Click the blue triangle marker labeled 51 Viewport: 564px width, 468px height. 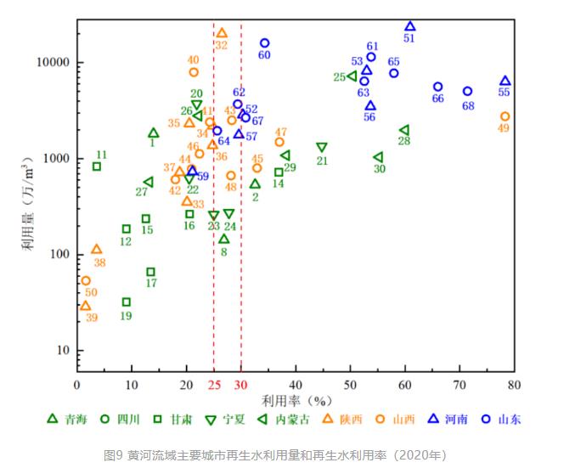(410, 27)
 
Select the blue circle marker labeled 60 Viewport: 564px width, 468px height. (265, 43)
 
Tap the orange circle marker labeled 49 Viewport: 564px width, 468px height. (505, 116)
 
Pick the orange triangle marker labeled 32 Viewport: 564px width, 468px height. (222, 33)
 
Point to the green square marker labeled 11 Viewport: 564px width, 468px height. (97, 166)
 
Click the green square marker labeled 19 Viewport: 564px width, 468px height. (127, 302)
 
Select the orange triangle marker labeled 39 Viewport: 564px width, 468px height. (85, 306)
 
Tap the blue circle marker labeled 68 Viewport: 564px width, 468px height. (467, 91)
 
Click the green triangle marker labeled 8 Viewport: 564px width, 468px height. (224, 239)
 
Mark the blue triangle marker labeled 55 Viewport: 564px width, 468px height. (505, 82)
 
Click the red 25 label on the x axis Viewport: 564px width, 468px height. (213, 384)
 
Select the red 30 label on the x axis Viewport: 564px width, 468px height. (241, 384)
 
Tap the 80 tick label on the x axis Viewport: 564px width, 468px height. (514, 384)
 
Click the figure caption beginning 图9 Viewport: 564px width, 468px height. (275, 455)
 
